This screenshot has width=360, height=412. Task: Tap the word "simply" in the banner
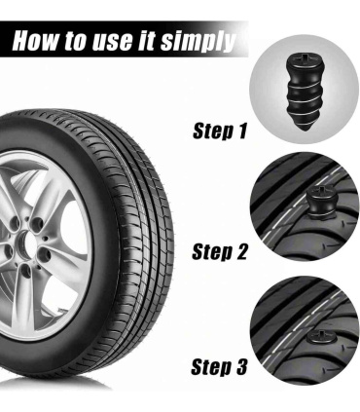coord(198,42)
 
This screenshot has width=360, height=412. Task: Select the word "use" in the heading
coord(112,42)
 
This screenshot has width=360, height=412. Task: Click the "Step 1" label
coord(220,131)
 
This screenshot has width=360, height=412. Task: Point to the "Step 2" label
coord(219,251)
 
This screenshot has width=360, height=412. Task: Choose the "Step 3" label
coord(219,366)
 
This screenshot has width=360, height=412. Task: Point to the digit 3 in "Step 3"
coord(240,367)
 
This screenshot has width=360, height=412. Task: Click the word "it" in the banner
coord(146,41)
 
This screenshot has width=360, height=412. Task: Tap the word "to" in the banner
coord(76,41)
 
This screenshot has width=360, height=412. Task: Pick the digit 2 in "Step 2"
coord(240,251)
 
